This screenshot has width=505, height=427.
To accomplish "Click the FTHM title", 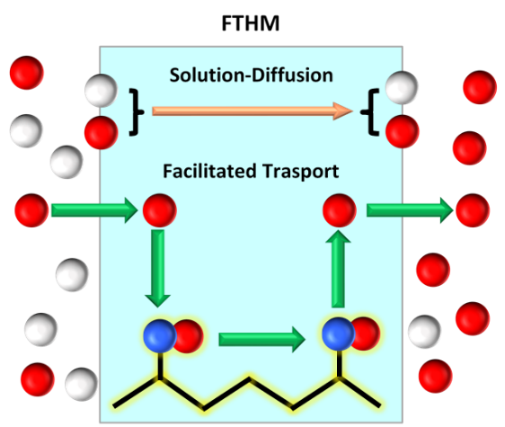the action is (250, 23).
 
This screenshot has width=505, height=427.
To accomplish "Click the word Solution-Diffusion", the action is (252, 76).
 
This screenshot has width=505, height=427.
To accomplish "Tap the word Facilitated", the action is (209, 171).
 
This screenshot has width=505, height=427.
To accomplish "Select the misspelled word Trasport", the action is (300, 172).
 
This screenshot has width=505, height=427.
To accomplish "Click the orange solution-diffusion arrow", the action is (252, 111).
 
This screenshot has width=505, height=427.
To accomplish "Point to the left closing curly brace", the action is (137, 112).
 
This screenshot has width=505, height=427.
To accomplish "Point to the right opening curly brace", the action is (369, 112).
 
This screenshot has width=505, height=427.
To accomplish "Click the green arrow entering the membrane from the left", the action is (94, 210).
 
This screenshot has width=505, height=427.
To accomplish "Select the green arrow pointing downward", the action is (157, 268).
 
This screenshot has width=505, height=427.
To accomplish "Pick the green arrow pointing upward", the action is (338, 268).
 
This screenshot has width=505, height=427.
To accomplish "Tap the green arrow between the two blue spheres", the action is (261, 339).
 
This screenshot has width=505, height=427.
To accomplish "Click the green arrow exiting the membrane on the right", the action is (410, 210).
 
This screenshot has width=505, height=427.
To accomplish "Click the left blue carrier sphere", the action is (160, 336).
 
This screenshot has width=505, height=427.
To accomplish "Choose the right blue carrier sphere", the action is (339, 334).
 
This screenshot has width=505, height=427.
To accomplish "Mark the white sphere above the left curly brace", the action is (102, 91).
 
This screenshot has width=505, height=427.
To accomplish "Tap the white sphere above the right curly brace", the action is (402, 88).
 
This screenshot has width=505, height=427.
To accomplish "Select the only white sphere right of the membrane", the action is (424, 332).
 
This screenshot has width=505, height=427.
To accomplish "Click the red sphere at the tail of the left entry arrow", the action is (31, 210).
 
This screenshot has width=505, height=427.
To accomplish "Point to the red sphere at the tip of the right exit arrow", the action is (473, 210).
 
